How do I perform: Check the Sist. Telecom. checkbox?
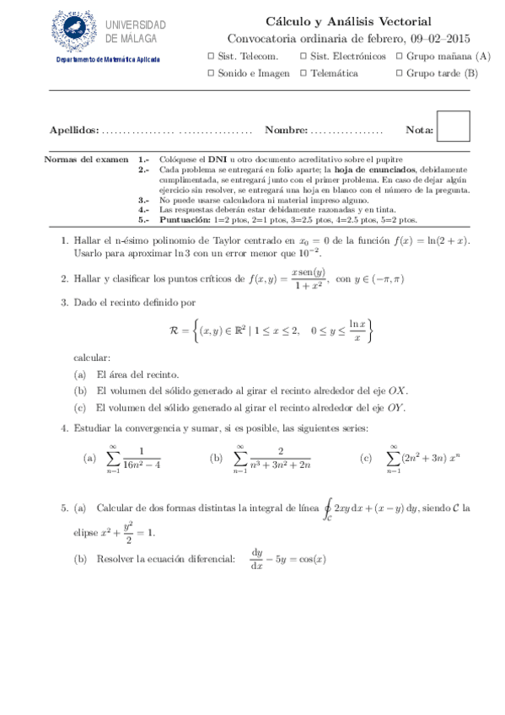[211, 56]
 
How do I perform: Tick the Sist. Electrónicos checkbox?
[304, 56]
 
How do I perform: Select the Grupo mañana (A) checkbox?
[399, 56]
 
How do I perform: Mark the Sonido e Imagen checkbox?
[211, 73]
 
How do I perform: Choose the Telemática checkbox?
[304, 73]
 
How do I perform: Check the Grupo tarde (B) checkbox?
[399, 73]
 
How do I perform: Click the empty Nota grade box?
[454, 126]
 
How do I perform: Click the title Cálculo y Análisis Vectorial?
[348, 22]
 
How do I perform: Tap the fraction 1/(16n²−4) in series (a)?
[141, 458]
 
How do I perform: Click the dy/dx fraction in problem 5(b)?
[257, 559]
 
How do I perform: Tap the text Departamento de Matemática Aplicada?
[108, 60]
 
